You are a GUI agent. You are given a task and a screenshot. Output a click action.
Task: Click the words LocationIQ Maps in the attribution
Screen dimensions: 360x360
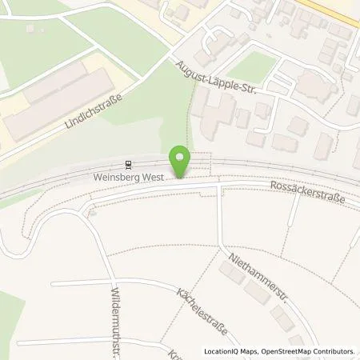click(x=230, y=351)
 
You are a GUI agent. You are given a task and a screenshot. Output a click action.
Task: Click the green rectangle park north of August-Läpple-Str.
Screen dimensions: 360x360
click(x=249, y=69)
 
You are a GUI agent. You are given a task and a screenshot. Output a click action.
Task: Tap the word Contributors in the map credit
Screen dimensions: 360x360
click(x=330, y=351)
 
